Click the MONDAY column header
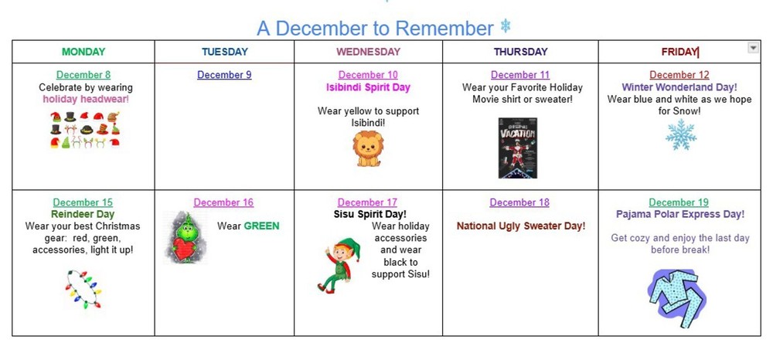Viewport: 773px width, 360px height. coord(83,52)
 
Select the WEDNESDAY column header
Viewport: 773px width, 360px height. coord(368,52)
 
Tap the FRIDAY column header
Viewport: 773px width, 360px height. coord(679,52)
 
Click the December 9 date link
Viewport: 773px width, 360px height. coord(224,75)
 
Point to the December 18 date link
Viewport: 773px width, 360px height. coord(519,202)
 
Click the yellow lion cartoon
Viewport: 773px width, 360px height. coord(368,148)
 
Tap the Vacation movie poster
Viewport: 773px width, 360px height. coord(517,148)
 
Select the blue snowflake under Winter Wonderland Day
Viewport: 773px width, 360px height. coord(681,134)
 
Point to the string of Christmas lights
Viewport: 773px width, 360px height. coord(83,289)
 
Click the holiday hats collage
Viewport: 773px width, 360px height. coord(85,129)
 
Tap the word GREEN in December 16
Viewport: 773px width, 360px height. coord(262,226)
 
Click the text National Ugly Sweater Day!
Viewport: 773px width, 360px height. coord(521,226)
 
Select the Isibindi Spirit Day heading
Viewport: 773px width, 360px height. coord(368,87)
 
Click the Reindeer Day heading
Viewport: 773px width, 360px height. coord(83,214)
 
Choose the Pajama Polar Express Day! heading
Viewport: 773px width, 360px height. coord(680,214)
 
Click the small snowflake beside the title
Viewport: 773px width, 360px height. coord(506,26)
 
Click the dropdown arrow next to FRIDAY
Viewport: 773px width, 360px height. coord(753,48)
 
